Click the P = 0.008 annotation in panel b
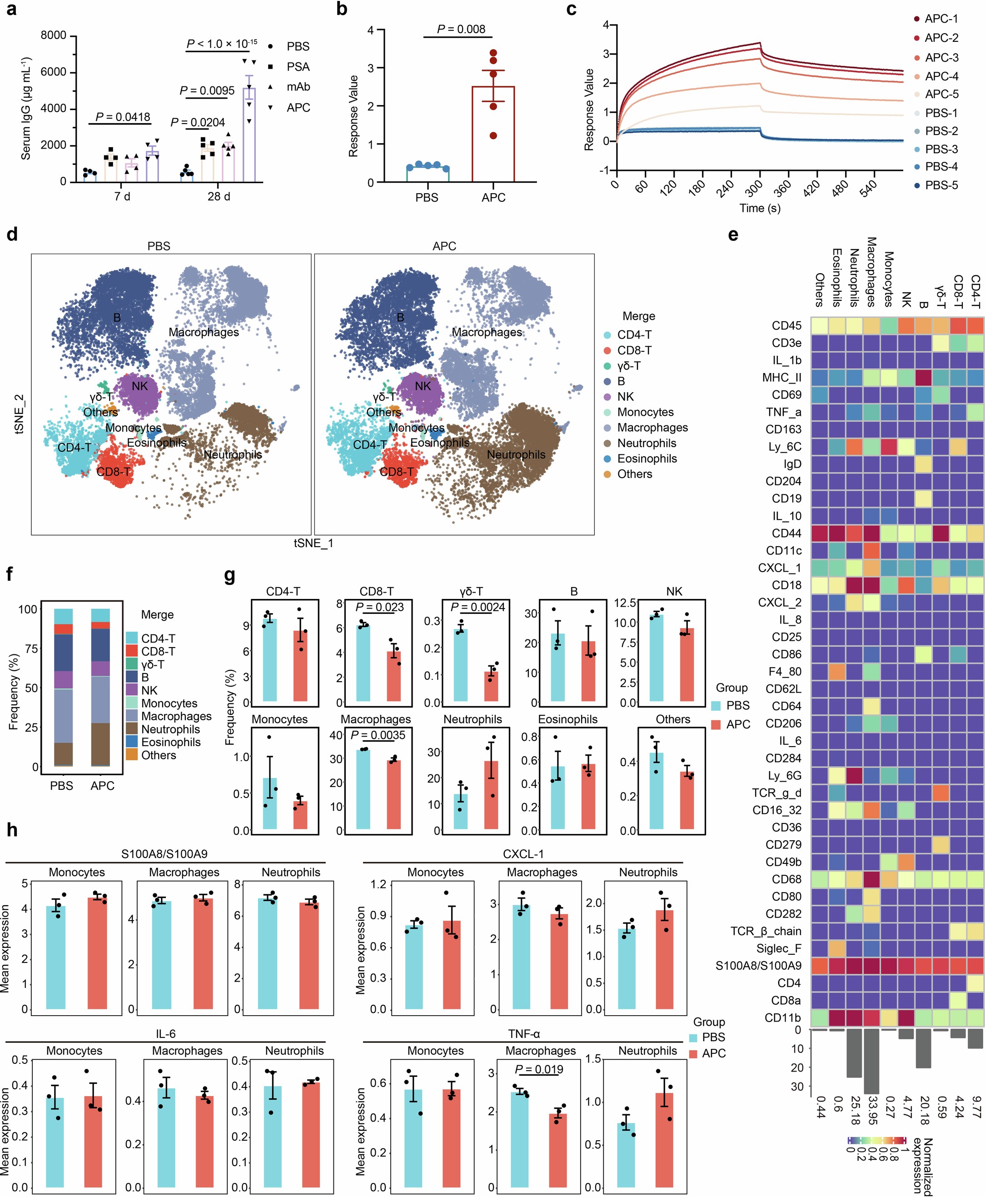click(x=461, y=30)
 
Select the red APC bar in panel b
click(x=492, y=133)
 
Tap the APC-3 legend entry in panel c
click(x=941, y=57)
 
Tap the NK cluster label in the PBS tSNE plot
click(x=139, y=386)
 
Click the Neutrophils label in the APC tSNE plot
click(x=516, y=454)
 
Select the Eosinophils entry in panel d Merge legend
click(x=647, y=459)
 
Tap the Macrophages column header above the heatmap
click(x=871, y=272)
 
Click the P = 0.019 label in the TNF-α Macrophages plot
click(x=538, y=1070)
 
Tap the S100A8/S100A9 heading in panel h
click(x=164, y=854)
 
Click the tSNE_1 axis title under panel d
click(x=313, y=543)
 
